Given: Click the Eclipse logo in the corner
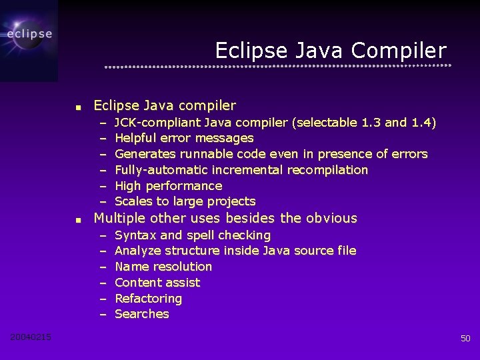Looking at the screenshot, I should tap(29, 33).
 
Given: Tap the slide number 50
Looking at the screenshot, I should tap(465, 339).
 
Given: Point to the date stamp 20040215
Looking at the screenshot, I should tap(31, 337).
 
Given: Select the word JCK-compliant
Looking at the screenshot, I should tap(157, 122).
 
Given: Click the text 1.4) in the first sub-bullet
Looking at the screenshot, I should tap(423, 122).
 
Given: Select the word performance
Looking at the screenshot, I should tap(183, 186).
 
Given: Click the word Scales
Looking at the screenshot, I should tap(132, 201).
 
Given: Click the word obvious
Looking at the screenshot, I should tap(331, 218).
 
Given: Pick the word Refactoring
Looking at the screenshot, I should tap(148, 299).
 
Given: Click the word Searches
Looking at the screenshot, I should tap(142, 314).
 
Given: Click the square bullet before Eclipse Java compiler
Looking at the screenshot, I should tap(78, 107).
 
